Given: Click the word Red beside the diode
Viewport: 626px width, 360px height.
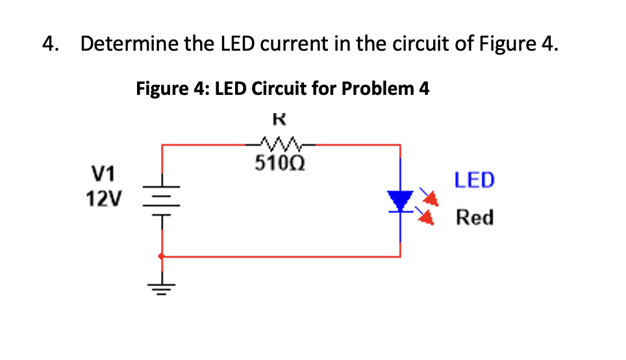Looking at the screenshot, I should click(x=474, y=217).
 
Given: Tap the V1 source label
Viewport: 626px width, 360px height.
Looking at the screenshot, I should click(x=103, y=174).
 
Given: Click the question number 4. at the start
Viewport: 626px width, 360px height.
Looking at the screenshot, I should click(x=51, y=44).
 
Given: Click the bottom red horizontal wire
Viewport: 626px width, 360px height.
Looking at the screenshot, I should click(x=279, y=256).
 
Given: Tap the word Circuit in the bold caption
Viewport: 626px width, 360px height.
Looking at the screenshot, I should click(x=279, y=88).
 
